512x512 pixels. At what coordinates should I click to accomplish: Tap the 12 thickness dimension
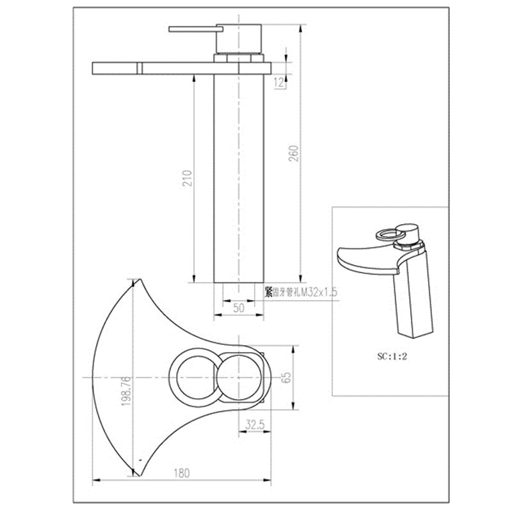(x=279, y=82)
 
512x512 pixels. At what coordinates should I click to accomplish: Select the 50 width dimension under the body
(x=239, y=308)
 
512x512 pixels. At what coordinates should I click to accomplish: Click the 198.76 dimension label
(x=127, y=392)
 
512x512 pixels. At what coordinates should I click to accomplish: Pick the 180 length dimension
(x=182, y=474)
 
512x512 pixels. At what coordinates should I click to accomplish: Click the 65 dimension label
(x=287, y=378)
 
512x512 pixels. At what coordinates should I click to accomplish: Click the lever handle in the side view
(x=192, y=29)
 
